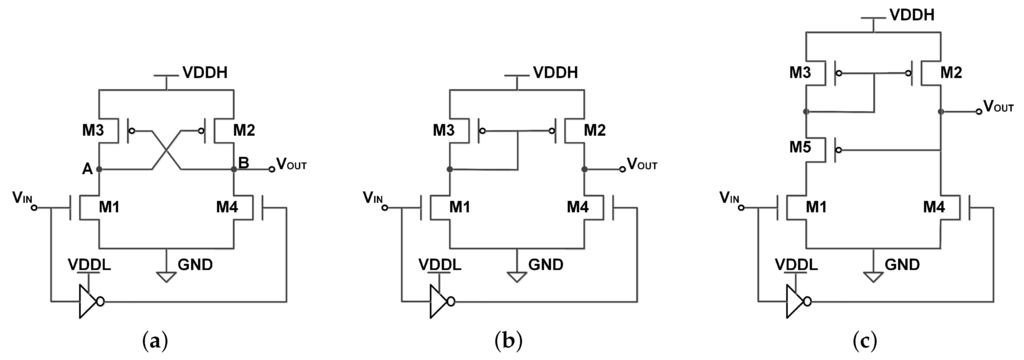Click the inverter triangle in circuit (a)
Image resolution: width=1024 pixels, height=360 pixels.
[x=88, y=299]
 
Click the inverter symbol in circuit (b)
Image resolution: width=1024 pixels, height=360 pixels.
[x=439, y=299]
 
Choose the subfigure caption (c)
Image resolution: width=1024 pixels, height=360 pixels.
[x=867, y=341]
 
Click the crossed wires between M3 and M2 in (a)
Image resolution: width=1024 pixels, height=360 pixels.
[x=166, y=151]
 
